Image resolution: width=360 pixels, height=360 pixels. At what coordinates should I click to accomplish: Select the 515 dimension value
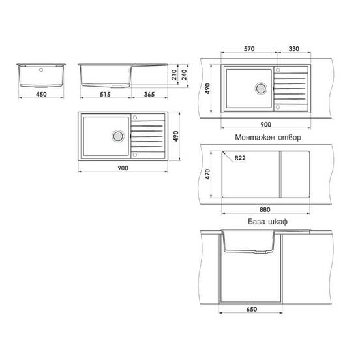click(106, 95)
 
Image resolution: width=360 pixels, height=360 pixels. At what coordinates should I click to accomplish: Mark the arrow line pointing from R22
click(228, 155)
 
